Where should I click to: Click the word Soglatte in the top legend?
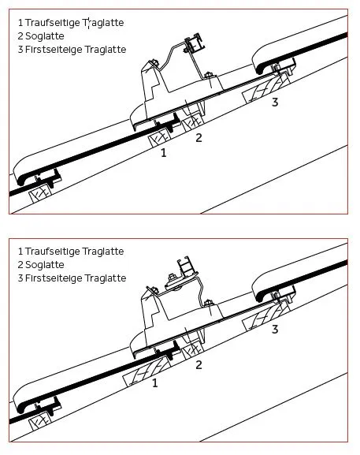point(45,36)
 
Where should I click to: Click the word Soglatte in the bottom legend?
point(45,265)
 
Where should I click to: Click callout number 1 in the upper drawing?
point(164,153)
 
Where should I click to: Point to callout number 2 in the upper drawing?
point(199,137)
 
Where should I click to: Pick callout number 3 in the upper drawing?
point(275,103)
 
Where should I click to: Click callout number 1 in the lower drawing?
point(155,383)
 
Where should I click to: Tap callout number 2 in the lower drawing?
point(199,365)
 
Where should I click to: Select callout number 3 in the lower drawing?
point(275,330)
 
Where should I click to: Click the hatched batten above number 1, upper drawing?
point(159,138)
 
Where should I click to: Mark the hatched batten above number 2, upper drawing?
point(193,121)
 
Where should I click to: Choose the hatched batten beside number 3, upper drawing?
point(267,88)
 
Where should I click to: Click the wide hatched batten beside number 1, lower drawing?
point(147,371)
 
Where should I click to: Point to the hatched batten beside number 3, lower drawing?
point(267,315)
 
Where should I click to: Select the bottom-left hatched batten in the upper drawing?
point(41,192)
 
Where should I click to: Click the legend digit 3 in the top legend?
point(20,50)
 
